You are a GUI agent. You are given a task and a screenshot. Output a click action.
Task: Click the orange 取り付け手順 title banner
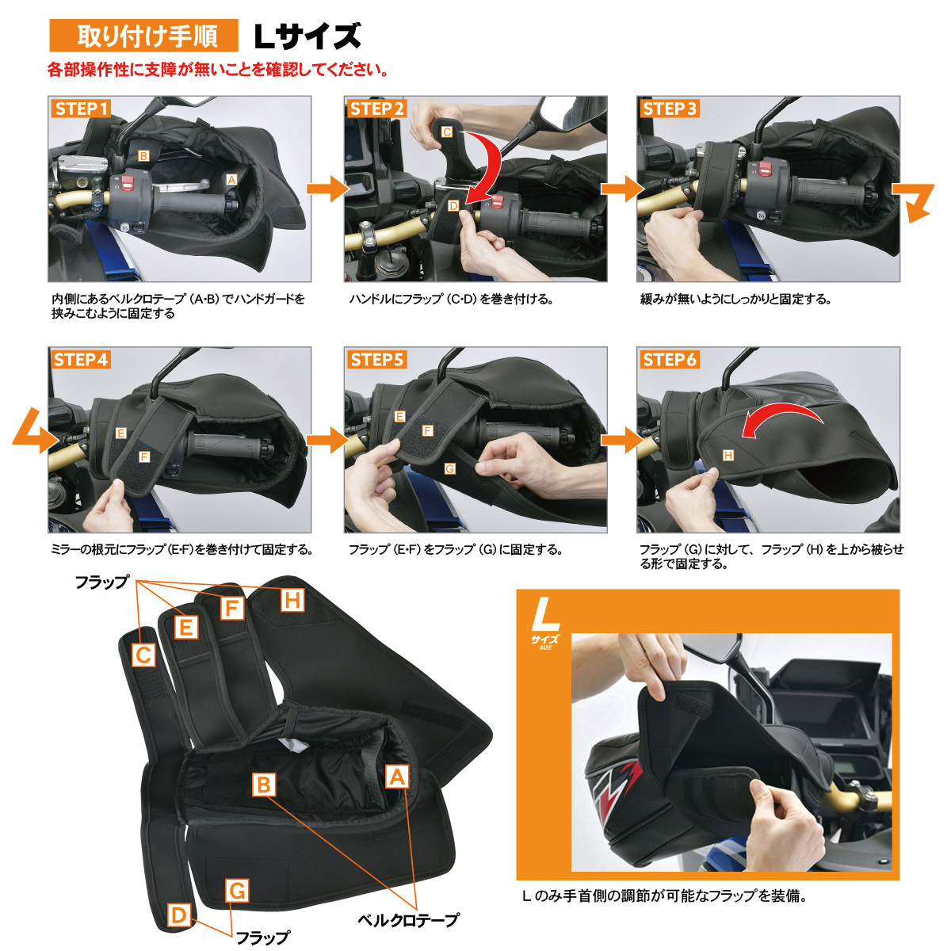click(x=143, y=36)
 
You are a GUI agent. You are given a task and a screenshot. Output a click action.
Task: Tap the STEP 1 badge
click(x=81, y=109)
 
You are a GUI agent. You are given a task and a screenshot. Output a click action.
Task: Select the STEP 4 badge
click(x=81, y=360)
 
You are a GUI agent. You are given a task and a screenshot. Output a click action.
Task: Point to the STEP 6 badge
click(x=669, y=360)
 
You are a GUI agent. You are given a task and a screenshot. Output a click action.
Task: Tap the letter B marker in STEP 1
click(x=143, y=156)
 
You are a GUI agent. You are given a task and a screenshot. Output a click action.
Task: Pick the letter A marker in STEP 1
click(x=231, y=180)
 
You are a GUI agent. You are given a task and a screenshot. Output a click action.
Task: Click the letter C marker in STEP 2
click(x=447, y=132)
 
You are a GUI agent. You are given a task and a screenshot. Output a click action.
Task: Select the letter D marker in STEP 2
click(x=453, y=205)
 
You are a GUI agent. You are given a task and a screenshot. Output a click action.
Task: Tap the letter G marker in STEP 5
click(x=449, y=469)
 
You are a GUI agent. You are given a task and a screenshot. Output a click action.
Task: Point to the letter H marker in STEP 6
click(x=728, y=455)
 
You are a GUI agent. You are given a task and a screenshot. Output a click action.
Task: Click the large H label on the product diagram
click(x=292, y=601)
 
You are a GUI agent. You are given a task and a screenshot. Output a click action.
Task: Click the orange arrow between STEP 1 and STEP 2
click(x=327, y=189)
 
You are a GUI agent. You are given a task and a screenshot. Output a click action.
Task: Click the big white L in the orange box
click(x=546, y=614)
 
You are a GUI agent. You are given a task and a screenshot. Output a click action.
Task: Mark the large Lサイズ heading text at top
click(x=307, y=36)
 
